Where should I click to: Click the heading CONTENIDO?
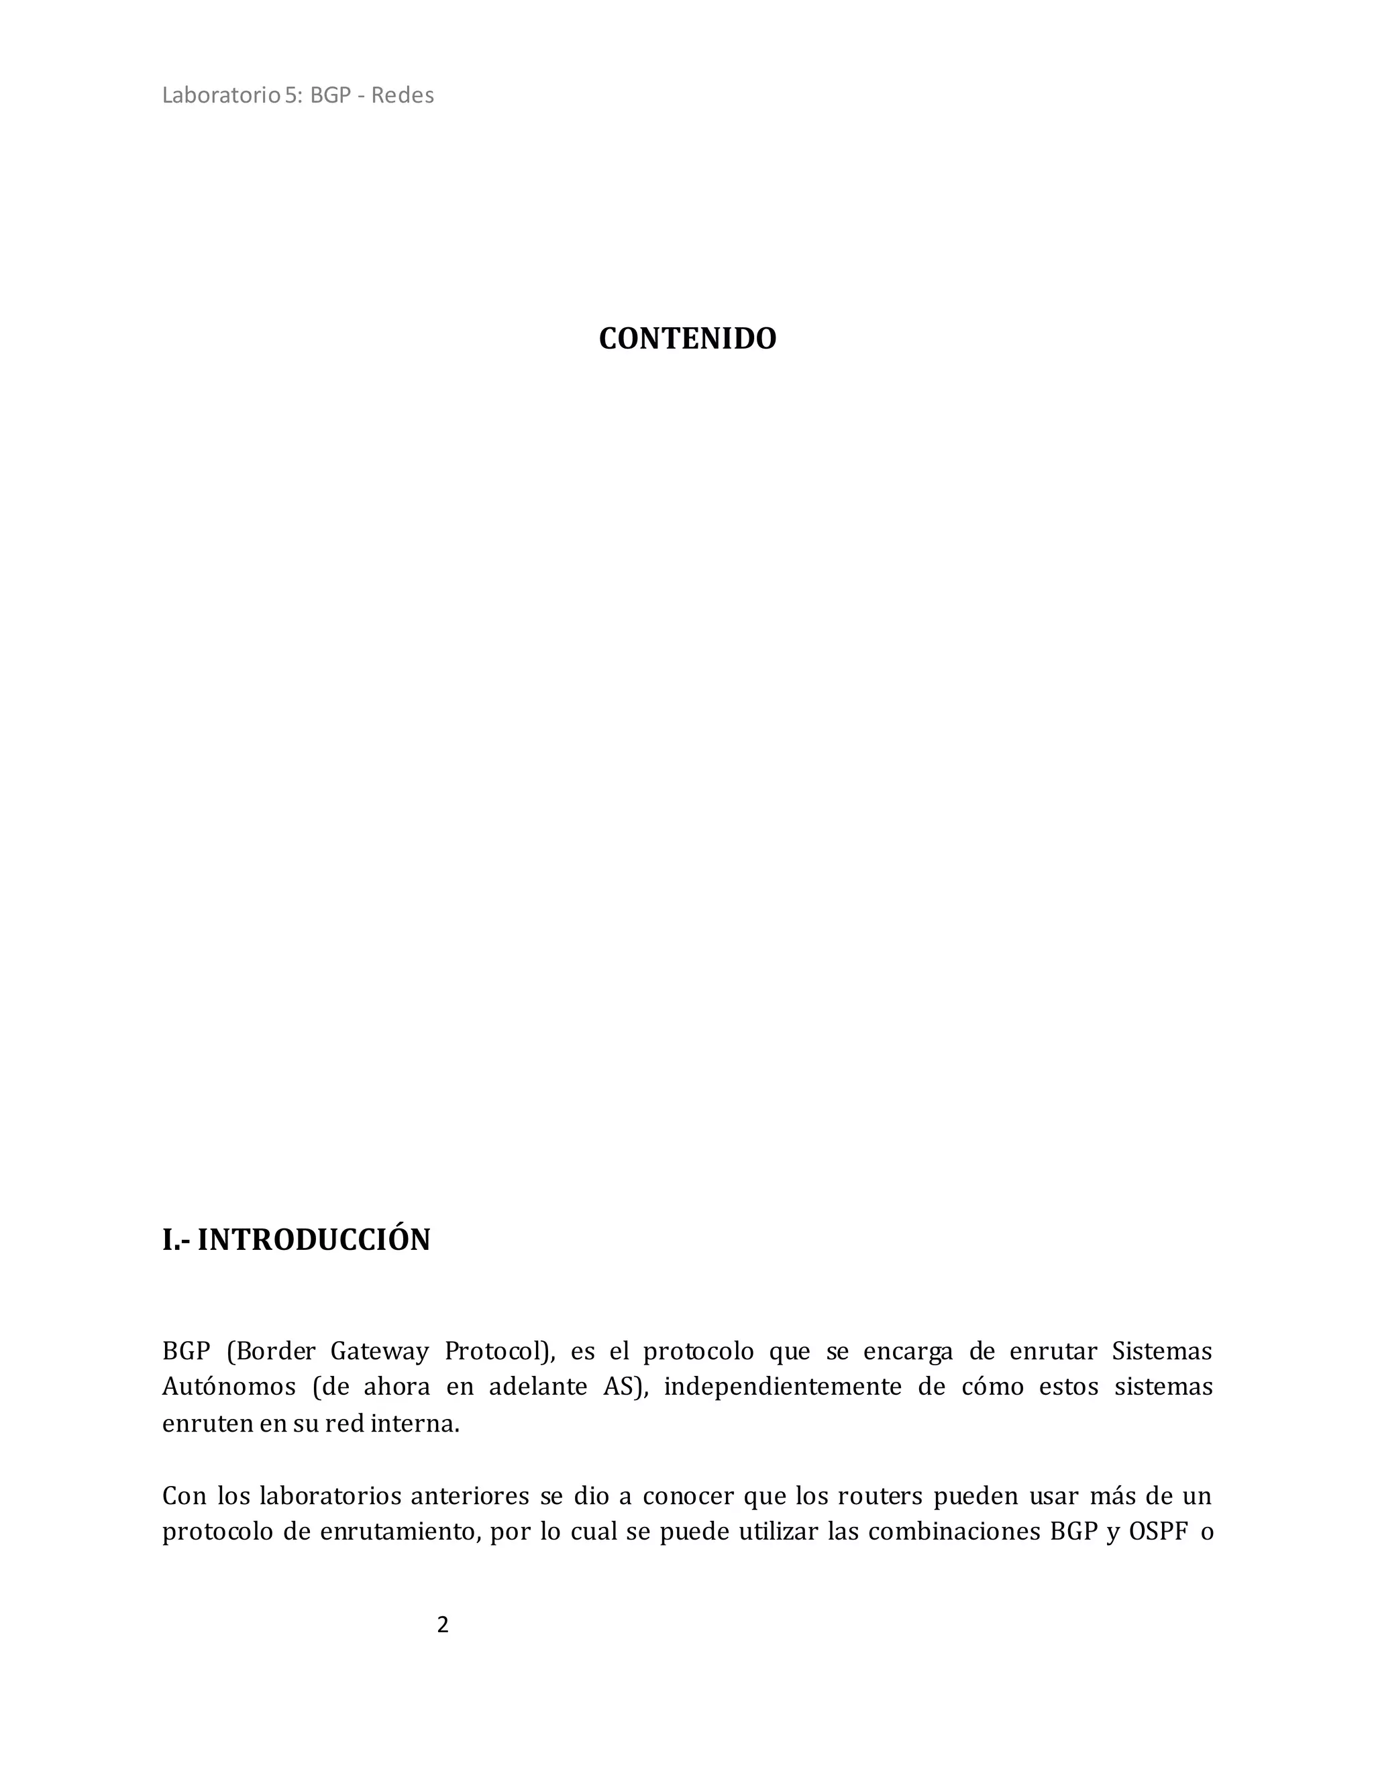(687, 339)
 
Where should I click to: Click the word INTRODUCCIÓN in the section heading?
(313, 1240)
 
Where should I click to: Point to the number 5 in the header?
(290, 95)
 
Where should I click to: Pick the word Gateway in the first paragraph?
(379, 1351)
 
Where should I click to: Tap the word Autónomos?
(229, 1387)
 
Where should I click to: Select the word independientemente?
(782, 1387)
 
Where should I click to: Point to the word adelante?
(537, 1387)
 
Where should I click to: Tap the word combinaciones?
(953, 1532)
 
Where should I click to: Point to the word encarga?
(908, 1351)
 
